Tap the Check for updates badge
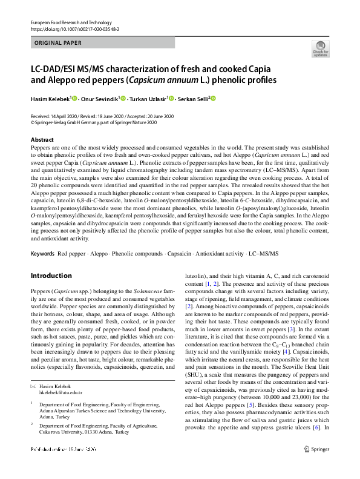point(320,50)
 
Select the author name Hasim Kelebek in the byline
point(51,98)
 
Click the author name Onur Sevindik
point(99,98)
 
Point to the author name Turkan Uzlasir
point(149,98)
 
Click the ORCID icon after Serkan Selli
point(213,98)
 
